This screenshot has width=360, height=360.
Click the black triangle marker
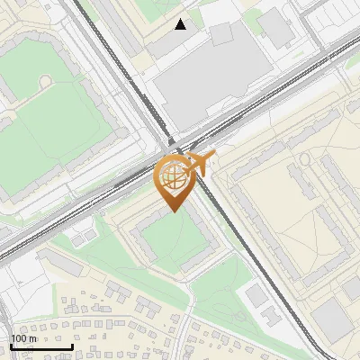(181, 24)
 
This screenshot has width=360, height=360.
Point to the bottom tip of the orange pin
(174, 211)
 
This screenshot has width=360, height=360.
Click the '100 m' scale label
(23, 338)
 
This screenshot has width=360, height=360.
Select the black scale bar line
(41, 347)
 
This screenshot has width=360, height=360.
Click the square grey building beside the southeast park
(256, 295)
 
